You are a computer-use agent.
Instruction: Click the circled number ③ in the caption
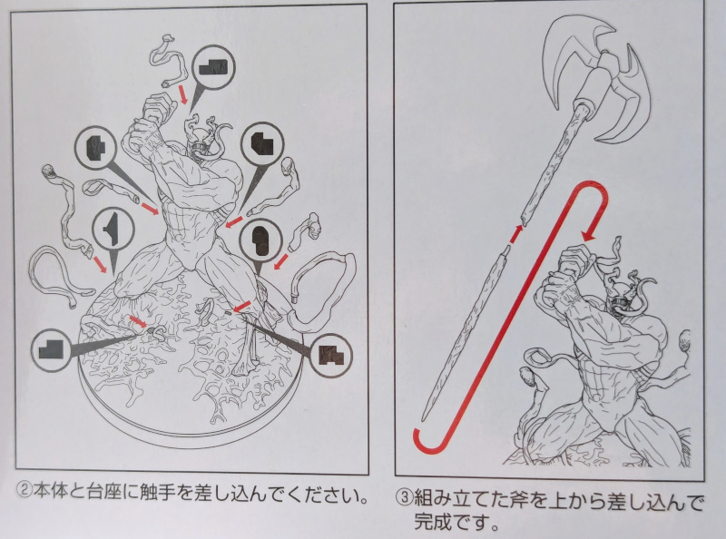(x=404, y=499)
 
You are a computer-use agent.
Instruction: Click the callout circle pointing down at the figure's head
(x=213, y=67)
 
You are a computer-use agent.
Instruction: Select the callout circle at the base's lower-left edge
(x=52, y=350)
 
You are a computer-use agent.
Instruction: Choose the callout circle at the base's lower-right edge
(x=330, y=356)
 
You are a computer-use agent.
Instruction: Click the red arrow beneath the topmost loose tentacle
(x=183, y=95)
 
